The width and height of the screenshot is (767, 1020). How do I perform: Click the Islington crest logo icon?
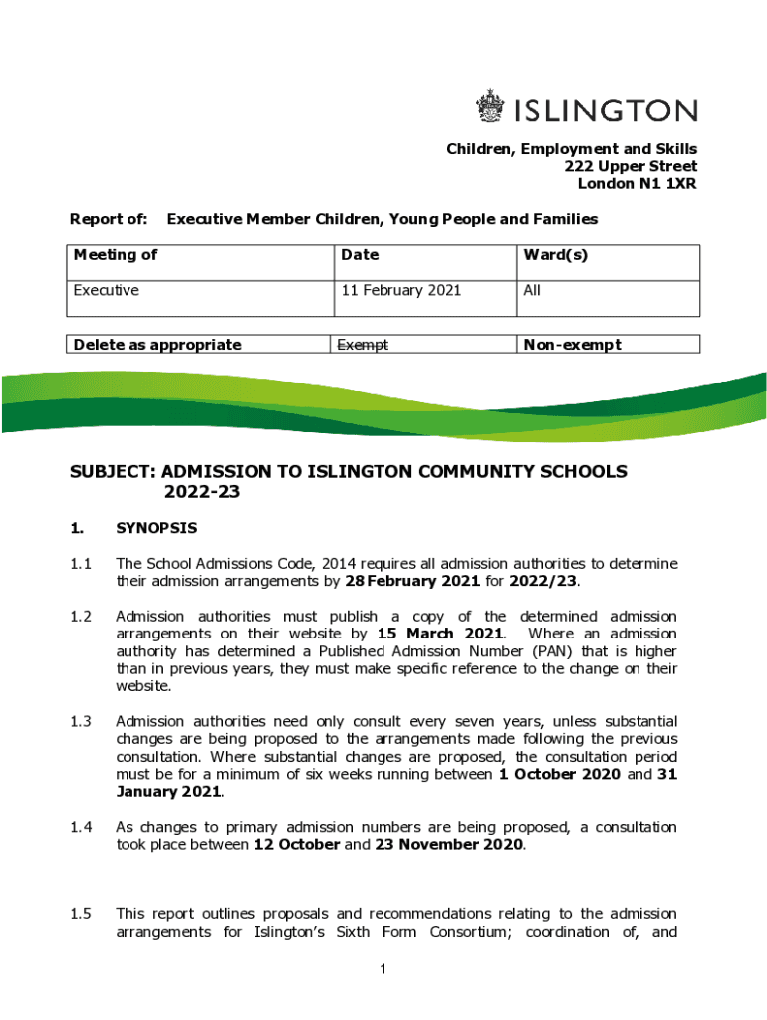coord(490,107)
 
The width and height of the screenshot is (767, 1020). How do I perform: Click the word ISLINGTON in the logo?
coord(605,109)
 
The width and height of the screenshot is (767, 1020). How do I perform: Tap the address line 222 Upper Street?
coord(630,166)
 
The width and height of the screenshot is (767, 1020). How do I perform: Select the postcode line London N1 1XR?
coord(637,184)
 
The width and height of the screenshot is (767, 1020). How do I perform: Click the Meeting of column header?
coord(116,254)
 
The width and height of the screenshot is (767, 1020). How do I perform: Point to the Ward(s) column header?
coord(555,254)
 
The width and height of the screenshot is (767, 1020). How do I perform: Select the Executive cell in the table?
coord(107,290)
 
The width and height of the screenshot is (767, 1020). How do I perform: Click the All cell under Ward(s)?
coord(532,290)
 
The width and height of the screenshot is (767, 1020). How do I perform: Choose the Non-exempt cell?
coord(572,345)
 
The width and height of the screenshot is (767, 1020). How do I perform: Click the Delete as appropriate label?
coord(157,345)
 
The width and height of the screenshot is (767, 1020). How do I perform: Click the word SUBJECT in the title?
coord(111,471)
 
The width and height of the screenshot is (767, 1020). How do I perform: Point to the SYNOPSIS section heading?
coord(156,527)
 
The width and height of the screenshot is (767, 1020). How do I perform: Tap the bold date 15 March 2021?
coord(441,634)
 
